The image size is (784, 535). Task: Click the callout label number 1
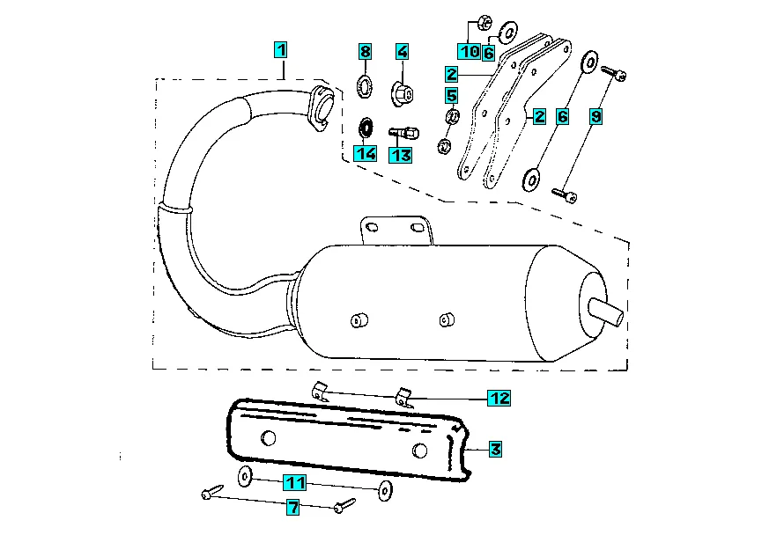(x=281, y=50)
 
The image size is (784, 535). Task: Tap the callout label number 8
(x=366, y=51)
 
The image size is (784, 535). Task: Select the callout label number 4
(x=402, y=51)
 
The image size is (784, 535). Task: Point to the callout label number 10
(x=469, y=51)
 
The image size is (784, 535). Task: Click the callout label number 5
(x=452, y=95)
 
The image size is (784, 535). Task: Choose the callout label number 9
(x=596, y=117)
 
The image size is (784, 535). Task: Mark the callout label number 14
(x=365, y=153)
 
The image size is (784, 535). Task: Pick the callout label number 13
(x=401, y=156)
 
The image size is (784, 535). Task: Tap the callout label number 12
(x=499, y=398)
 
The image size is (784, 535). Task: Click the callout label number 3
(x=495, y=449)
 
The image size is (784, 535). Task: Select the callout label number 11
(x=294, y=483)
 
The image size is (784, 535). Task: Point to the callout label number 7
(x=293, y=508)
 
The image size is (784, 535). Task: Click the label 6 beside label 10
(x=489, y=52)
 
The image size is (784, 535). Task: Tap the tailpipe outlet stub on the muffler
(x=606, y=313)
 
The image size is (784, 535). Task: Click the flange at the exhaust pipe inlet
(x=320, y=107)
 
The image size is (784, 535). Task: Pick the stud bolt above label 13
(x=403, y=134)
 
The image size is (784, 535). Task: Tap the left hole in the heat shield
(x=269, y=438)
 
